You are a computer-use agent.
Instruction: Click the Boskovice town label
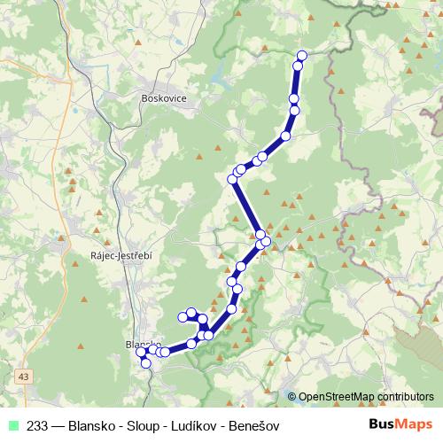164,99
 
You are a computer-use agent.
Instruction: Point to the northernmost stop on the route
301,56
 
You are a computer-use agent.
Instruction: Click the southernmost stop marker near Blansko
145,363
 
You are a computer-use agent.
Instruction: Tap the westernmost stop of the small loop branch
183,316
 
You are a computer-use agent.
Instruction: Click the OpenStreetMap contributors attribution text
366,397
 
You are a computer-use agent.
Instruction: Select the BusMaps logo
400,425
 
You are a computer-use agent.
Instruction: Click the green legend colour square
12,425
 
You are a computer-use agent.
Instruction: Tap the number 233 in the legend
38,425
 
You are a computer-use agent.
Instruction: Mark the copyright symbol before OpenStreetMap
292,397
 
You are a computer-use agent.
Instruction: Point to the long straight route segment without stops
246,206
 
